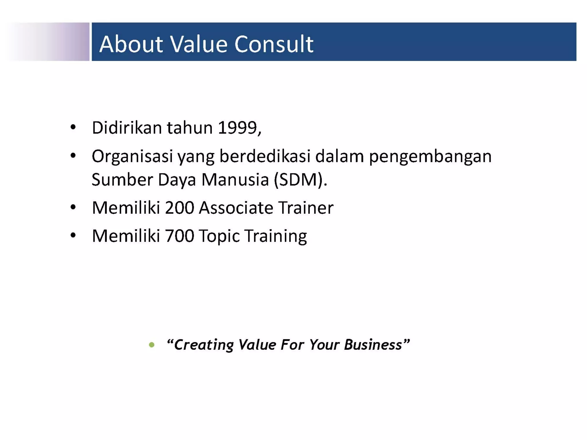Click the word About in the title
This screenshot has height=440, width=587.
click(x=131, y=44)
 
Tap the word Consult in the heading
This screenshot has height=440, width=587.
click(x=274, y=44)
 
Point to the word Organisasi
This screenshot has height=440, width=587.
click(x=132, y=157)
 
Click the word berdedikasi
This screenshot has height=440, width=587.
click(x=265, y=157)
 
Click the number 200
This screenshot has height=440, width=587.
click(x=179, y=208)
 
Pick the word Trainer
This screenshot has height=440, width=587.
click(x=306, y=208)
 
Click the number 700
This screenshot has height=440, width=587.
click(x=179, y=236)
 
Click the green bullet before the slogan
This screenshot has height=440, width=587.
click(x=152, y=345)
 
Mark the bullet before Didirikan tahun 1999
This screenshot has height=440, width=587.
click(x=73, y=127)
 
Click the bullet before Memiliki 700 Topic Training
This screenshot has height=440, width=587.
click(x=73, y=235)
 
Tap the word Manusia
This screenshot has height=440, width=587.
click(x=235, y=180)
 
